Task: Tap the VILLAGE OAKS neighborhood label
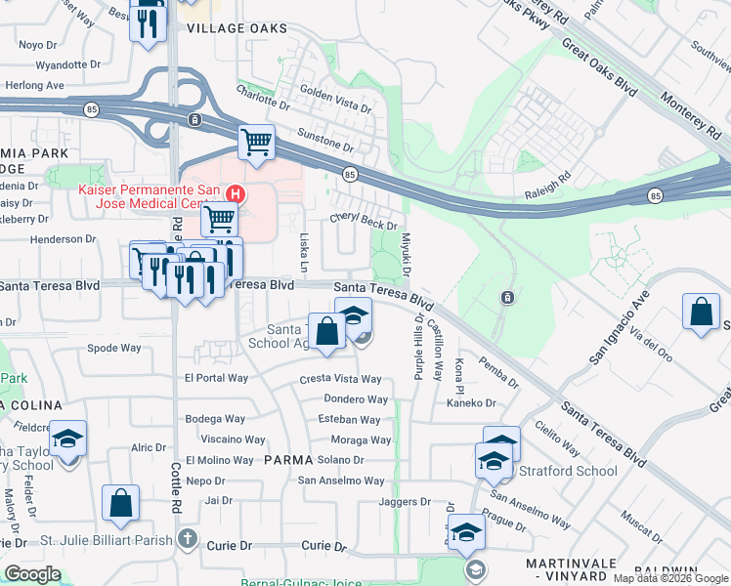(237, 28)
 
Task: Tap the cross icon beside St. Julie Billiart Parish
(188, 539)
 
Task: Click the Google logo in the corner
(32, 574)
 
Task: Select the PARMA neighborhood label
(287, 459)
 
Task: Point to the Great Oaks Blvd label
(600, 74)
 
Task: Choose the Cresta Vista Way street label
(340, 379)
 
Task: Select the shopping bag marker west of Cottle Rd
(120, 504)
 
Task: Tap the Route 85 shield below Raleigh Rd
(655, 196)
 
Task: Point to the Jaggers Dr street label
(405, 501)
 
